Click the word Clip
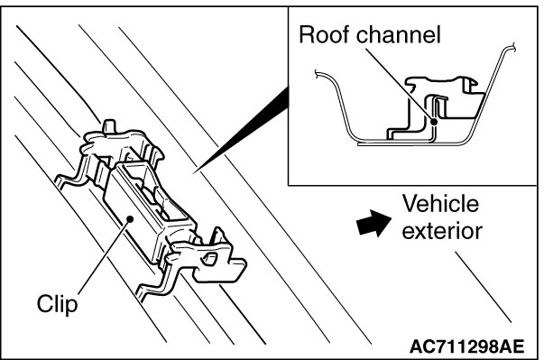click(57, 304)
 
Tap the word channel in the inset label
click(399, 34)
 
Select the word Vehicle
click(440, 204)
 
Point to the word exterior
click(442, 231)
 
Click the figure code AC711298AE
click(467, 346)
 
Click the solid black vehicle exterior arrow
click(373, 223)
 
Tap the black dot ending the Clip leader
click(130, 219)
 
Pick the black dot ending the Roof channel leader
click(434, 122)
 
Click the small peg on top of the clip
click(109, 125)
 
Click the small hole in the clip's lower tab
click(209, 259)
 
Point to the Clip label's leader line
click(105, 256)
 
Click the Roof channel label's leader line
click(400, 84)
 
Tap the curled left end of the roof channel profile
click(317, 73)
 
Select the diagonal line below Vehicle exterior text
click(484, 287)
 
